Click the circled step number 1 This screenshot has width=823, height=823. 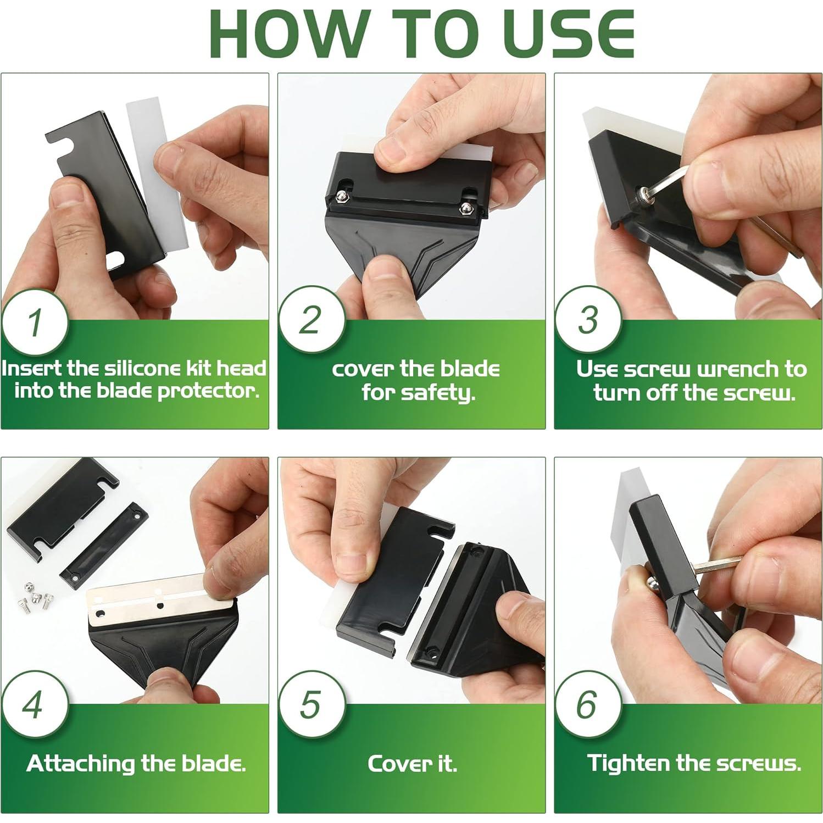click(34, 322)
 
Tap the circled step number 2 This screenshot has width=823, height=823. click(311, 320)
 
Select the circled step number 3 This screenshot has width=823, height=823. click(587, 320)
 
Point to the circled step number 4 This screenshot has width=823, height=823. click(34, 705)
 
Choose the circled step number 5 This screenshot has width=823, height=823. click(311, 705)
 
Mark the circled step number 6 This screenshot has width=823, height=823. click(587, 705)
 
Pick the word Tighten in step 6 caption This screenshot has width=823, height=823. click(629, 764)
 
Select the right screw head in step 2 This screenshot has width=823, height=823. click(466, 208)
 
